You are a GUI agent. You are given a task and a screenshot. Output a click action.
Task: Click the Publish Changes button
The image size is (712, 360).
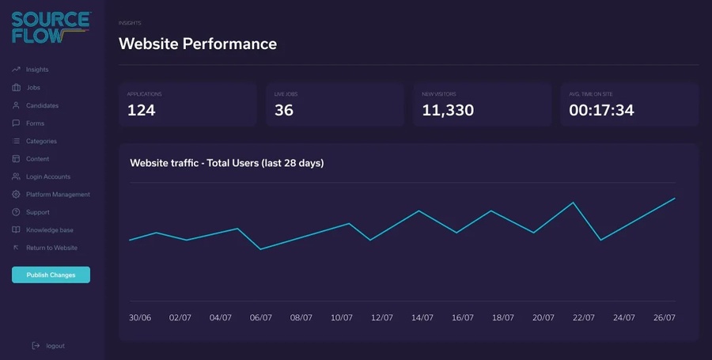(51, 275)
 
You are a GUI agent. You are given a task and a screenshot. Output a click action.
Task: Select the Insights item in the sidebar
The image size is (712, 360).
(37, 70)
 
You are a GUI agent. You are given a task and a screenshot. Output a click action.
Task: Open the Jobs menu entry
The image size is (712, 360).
(33, 88)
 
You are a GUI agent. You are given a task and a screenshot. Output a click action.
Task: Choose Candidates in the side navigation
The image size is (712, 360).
(42, 105)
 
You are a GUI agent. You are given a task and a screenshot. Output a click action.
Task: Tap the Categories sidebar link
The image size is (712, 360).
(41, 141)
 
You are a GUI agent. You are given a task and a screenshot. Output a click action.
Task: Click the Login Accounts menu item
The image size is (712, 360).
(47, 176)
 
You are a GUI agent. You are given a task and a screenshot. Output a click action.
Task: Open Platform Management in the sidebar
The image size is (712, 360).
(58, 195)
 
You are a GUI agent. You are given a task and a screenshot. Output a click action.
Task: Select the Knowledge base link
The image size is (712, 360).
(49, 230)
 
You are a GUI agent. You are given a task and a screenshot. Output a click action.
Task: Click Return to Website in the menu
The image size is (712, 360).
(51, 248)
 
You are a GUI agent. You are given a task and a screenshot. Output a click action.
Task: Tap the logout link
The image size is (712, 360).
(55, 346)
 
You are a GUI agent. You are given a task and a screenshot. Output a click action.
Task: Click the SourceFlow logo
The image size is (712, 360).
(49, 27)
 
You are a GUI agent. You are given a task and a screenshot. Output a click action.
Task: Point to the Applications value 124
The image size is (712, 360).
(142, 111)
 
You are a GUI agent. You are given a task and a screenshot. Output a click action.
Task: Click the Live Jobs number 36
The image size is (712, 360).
(284, 111)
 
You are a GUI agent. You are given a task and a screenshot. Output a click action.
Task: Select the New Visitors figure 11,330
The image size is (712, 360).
(448, 111)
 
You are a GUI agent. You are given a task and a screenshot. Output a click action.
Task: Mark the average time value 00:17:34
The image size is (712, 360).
(601, 111)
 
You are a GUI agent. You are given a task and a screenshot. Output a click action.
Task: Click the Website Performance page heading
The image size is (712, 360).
(198, 44)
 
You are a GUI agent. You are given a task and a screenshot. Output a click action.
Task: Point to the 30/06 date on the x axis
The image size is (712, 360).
(140, 317)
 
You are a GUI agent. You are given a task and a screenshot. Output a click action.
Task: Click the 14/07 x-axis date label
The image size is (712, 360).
(422, 317)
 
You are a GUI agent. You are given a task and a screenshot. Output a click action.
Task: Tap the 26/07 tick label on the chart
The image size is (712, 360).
(665, 317)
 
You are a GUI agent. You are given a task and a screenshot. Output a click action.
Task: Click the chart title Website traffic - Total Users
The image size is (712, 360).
(226, 163)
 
